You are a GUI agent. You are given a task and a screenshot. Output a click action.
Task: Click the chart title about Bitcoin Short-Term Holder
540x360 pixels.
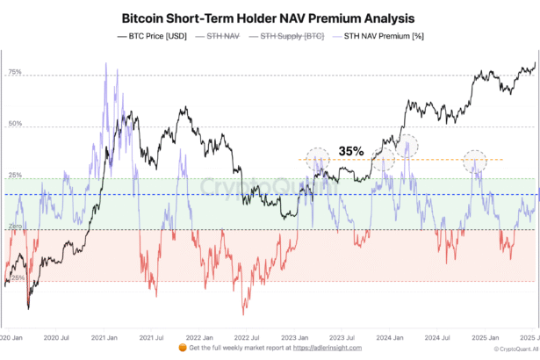[269, 18]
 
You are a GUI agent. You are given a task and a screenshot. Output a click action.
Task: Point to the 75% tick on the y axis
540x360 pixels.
[14, 73]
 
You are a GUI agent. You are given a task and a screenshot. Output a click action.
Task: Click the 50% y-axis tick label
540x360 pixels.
[14, 125]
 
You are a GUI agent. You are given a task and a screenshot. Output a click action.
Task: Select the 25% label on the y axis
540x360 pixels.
[14, 176]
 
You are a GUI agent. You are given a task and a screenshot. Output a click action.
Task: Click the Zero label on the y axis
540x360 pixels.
[15, 227]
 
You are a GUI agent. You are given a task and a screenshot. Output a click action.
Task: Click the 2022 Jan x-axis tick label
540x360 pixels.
[201, 337]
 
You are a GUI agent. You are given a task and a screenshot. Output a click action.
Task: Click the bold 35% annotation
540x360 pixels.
[352, 151]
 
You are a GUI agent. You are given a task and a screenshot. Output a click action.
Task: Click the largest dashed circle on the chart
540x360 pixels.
[406, 146]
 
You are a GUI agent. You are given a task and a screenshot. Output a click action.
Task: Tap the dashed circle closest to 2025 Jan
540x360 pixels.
[475, 161]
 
